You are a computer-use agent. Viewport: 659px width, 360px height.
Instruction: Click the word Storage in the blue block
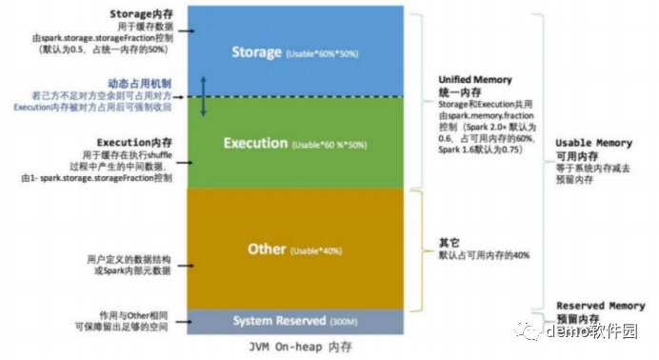[x=256, y=52]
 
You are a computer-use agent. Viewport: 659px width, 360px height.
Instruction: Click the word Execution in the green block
[x=255, y=144]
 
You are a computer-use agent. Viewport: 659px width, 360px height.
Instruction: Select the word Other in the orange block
[x=267, y=250]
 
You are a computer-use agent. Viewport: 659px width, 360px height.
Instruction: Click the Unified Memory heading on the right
[x=474, y=80]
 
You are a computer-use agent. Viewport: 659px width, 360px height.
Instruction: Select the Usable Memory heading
[x=593, y=143]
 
